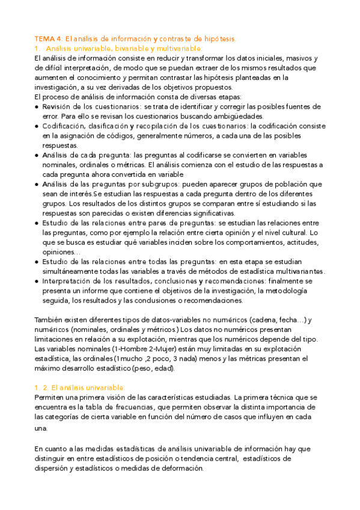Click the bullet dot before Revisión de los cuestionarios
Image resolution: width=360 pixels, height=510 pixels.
pos(37,106)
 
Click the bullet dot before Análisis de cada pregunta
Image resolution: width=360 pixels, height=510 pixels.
pos(37,155)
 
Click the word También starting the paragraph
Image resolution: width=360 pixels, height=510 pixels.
pos(51,320)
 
